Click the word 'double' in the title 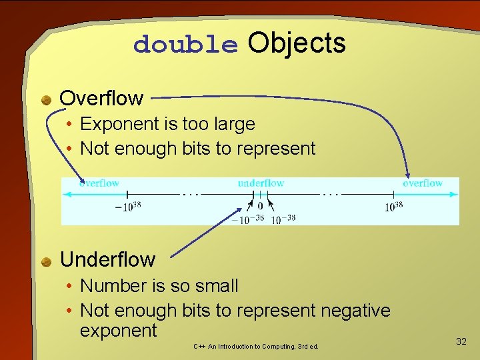click(185, 45)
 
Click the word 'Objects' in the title click(297, 43)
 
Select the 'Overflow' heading click(101, 98)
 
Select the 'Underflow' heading click(107, 259)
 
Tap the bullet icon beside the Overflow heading click(46, 100)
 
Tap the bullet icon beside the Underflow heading click(46, 261)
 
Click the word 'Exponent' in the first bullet click(120, 124)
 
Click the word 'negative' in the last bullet click(355, 310)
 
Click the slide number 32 click(461, 341)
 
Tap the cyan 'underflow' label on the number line click(261, 183)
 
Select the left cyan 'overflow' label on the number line click(99, 183)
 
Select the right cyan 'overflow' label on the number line click(423, 183)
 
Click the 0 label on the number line click(260, 206)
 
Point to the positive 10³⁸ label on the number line click(393, 207)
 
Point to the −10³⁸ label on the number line click(128, 207)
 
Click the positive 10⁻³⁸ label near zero click(283, 218)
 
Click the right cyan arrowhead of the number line click(455, 194)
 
